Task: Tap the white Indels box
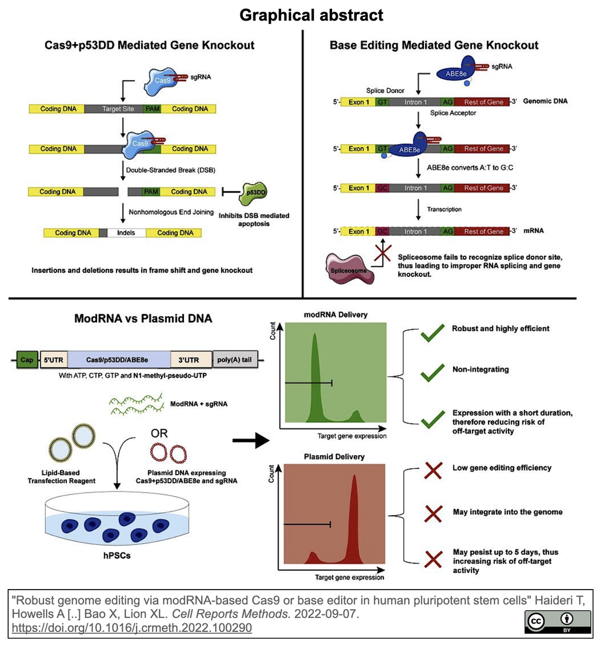pyautogui.click(x=126, y=233)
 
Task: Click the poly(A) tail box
pyautogui.click(x=235, y=359)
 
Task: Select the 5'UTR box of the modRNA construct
pyautogui.click(x=53, y=359)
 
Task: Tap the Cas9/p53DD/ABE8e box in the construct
pyautogui.click(x=119, y=359)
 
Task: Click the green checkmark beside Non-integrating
pyautogui.click(x=433, y=372)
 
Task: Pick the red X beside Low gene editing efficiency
pyautogui.click(x=433, y=470)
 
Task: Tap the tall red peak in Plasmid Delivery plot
pyautogui.click(x=354, y=517)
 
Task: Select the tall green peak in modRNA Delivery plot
pyautogui.click(x=316, y=376)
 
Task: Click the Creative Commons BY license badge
pyautogui.click(x=558, y=622)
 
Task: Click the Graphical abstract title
pyautogui.click(x=311, y=15)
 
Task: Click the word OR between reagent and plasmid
pyautogui.click(x=159, y=434)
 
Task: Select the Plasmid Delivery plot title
pyautogui.click(x=334, y=456)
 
